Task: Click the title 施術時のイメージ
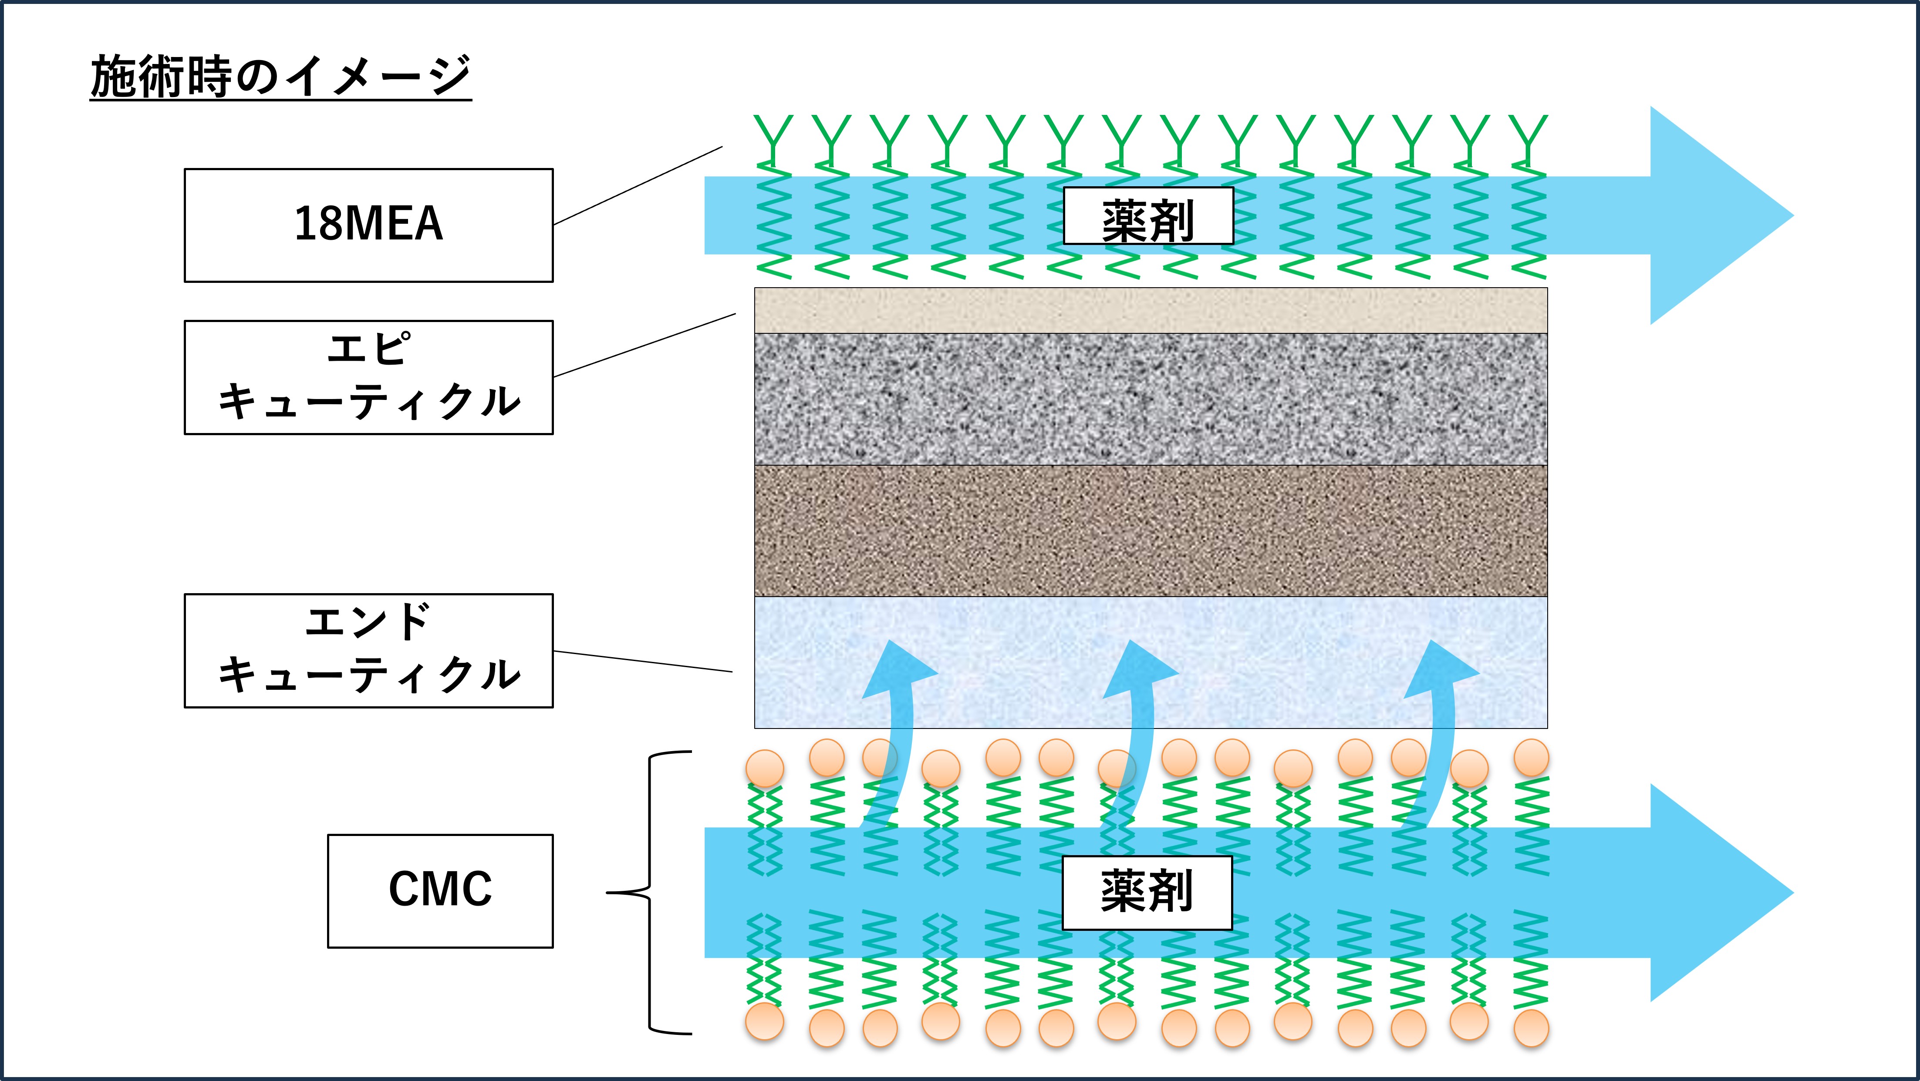280,77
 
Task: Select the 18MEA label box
368,225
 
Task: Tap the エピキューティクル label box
368,377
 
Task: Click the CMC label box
440,890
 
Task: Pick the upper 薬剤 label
1148,216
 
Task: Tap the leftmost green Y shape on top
773,138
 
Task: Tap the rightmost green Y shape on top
1528,138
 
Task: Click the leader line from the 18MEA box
638,185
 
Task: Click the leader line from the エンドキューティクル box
642,661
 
